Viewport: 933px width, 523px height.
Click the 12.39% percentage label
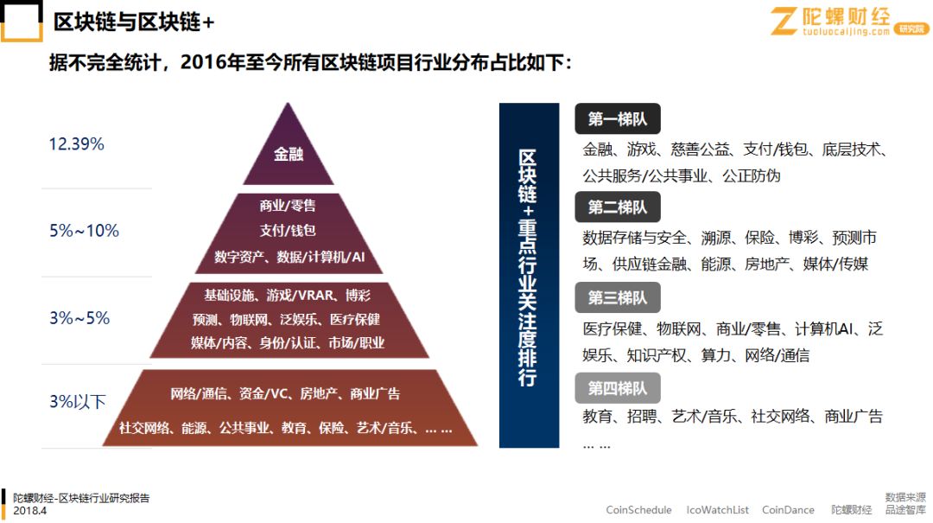point(76,144)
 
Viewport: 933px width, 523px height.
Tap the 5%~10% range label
point(84,231)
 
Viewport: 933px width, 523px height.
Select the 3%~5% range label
point(79,318)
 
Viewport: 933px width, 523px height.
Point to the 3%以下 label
point(78,401)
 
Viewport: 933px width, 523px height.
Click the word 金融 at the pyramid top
point(289,155)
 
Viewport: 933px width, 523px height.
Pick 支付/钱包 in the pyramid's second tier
point(288,230)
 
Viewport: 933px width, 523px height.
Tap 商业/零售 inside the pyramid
point(288,206)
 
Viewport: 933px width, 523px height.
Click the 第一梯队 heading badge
point(617,119)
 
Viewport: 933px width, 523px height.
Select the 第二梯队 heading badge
point(617,207)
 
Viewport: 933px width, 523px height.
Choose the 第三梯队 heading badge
point(617,297)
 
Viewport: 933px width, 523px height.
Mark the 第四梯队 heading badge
point(617,387)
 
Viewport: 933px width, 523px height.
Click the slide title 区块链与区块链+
point(134,22)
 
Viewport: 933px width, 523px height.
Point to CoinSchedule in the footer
point(638,510)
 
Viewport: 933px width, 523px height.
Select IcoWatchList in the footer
point(717,510)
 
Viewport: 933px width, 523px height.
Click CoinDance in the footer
point(788,510)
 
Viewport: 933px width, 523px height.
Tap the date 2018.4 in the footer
point(29,511)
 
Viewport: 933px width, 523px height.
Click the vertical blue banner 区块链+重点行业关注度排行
point(528,275)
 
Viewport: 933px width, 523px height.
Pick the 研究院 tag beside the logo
point(911,29)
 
